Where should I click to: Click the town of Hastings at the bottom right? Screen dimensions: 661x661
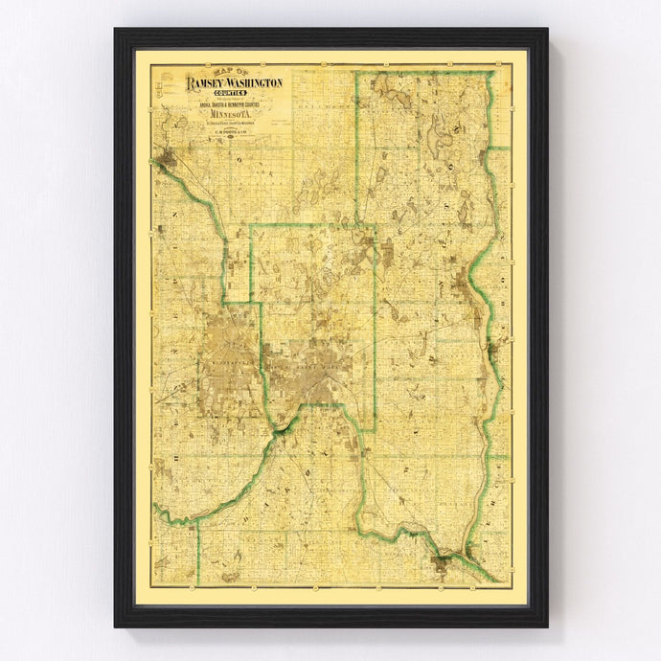click(x=443, y=563)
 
